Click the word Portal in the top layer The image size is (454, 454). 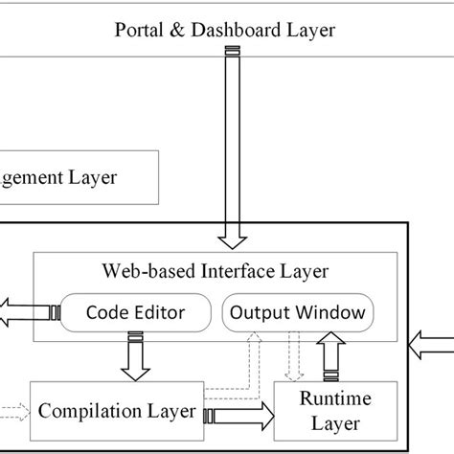pyautogui.click(x=138, y=30)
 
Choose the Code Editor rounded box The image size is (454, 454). pyautogui.click(x=135, y=312)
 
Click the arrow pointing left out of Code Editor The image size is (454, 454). pyautogui.click(x=24, y=312)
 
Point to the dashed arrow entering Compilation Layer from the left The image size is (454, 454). pyautogui.click(x=14, y=412)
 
